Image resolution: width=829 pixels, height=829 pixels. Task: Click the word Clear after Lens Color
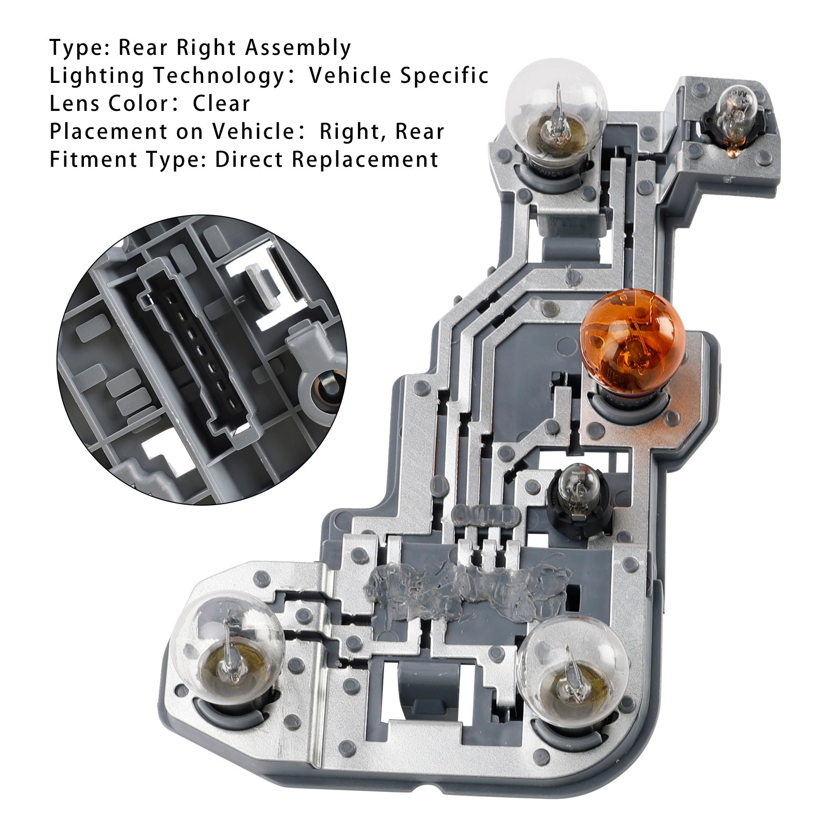(x=221, y=104)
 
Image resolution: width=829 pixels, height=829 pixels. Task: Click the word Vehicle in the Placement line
(x=249, y=132)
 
